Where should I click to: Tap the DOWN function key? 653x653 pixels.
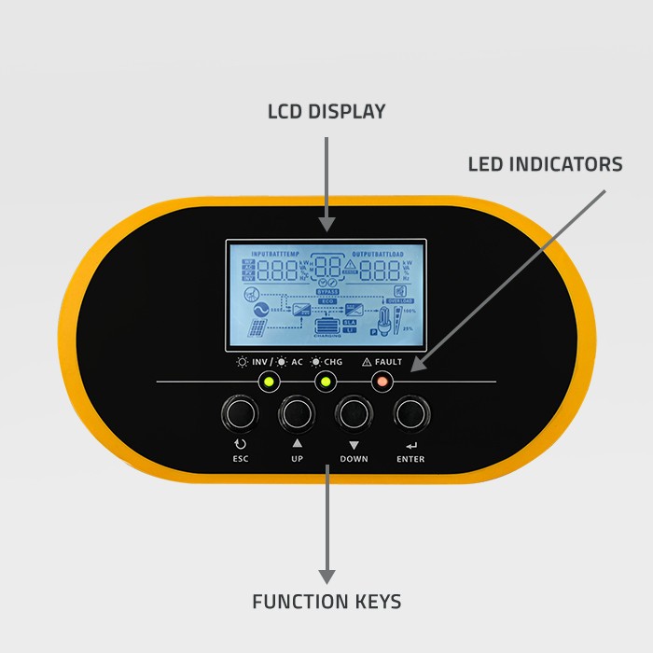click(354, 411)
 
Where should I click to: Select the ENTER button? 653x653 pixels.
click(410, 411)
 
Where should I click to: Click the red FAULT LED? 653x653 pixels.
click(382, 381)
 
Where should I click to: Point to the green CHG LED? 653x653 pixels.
click(326, 381)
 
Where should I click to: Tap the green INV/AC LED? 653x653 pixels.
click(269, 381)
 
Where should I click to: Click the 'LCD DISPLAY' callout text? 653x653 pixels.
click(326, 112)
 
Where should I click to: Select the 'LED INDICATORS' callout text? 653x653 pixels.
click(545, 165)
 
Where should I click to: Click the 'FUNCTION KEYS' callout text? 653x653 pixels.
click(326, 602)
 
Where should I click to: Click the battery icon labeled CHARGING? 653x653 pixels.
click(326, 326)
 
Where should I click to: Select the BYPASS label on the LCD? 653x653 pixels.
click(326, 291)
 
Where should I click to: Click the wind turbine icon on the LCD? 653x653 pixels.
click(251, 294)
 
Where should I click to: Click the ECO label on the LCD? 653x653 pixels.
click(326, 300)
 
